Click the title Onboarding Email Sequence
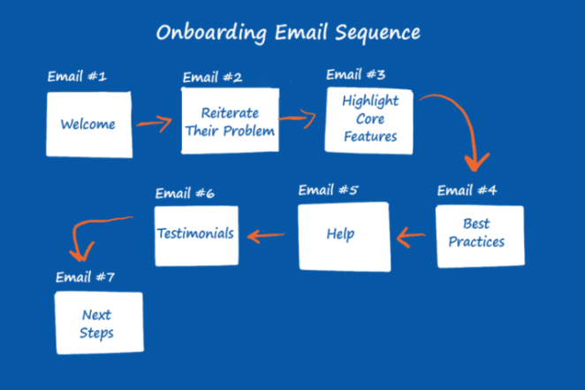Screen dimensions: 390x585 288,33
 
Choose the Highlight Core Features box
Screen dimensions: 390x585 370,119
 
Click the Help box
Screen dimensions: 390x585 344,235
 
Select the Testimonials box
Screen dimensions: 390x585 195,234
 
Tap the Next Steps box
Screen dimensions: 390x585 97,325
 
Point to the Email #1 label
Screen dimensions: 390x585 77,77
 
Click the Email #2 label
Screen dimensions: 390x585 212,77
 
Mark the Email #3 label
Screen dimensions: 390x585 356,73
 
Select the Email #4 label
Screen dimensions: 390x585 467,189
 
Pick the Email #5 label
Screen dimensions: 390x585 328,189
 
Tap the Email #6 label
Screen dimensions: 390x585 185,193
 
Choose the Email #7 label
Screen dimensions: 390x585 85,277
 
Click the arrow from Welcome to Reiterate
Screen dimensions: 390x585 155,123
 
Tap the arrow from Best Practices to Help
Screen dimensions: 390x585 412,236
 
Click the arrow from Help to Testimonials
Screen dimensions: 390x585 270,235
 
